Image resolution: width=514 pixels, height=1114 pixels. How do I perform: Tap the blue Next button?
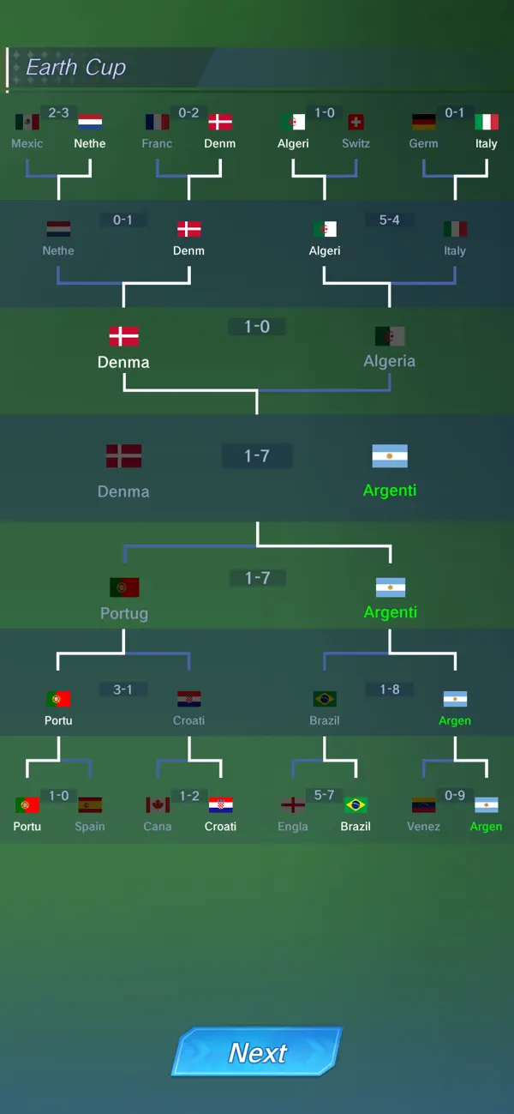(x=257, y=1052)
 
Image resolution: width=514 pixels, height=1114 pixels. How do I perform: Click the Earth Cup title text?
(x=75, y=68)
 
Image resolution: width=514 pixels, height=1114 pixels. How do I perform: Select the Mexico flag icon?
(x=27, y=122)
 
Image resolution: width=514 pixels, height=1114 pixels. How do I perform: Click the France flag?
(x=158, y=122)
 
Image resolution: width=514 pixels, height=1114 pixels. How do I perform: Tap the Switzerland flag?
(x=356, y=122)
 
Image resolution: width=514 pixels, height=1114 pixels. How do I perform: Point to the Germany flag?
(x=423, y=122)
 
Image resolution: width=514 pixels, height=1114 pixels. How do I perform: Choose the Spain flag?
(x=90, y=804)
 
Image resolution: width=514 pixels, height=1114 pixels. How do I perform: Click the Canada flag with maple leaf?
(x=158, y=804)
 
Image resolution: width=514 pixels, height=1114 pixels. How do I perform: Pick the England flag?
(x=293, y=804)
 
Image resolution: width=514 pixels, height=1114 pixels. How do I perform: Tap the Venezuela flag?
(x=423, y=804)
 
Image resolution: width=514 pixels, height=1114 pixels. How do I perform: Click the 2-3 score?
(x=58, y=113)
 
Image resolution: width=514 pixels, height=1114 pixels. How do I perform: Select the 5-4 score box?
(x=389, y=220)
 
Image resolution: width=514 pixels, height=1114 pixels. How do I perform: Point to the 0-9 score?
(x=455, y=795)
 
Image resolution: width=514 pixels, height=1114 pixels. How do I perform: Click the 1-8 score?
(x=389, y=689)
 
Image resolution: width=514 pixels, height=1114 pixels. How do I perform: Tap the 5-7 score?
(x=324, y=795)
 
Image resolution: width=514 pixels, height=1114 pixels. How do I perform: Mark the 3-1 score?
(x=123, y=689)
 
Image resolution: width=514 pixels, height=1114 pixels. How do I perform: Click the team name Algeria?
(x=389, y=361)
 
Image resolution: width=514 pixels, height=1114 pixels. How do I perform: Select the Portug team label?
(x=124, y=613)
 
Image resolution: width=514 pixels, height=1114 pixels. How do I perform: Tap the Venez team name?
(x=423, y=826)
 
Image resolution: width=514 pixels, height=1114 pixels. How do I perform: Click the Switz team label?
(x=356, y=143)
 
